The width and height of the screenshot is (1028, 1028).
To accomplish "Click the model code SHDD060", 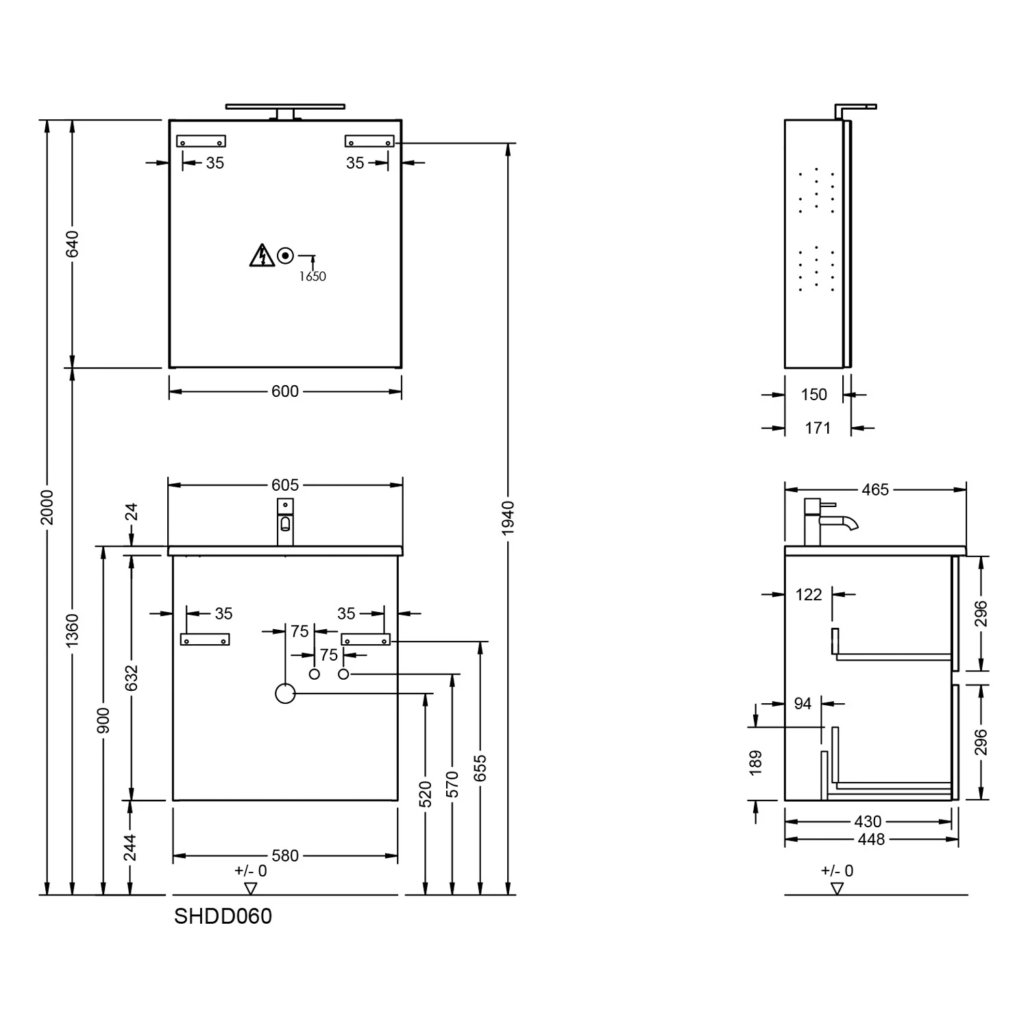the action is [223, 916].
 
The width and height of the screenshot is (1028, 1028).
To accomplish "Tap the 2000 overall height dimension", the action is [47, 507].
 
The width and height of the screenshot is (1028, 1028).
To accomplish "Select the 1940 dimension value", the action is [508, 518].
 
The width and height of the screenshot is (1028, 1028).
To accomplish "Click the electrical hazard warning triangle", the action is [262, 255].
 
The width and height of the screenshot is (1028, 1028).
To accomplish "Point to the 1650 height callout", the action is [313, 276].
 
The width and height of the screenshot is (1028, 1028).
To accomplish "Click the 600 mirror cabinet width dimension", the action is [285, 391].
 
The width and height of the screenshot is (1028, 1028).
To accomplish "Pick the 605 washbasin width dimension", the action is [285, 485].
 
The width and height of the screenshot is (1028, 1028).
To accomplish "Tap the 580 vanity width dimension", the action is [285, 855].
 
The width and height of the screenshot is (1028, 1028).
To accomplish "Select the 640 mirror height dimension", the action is [73, 244].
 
